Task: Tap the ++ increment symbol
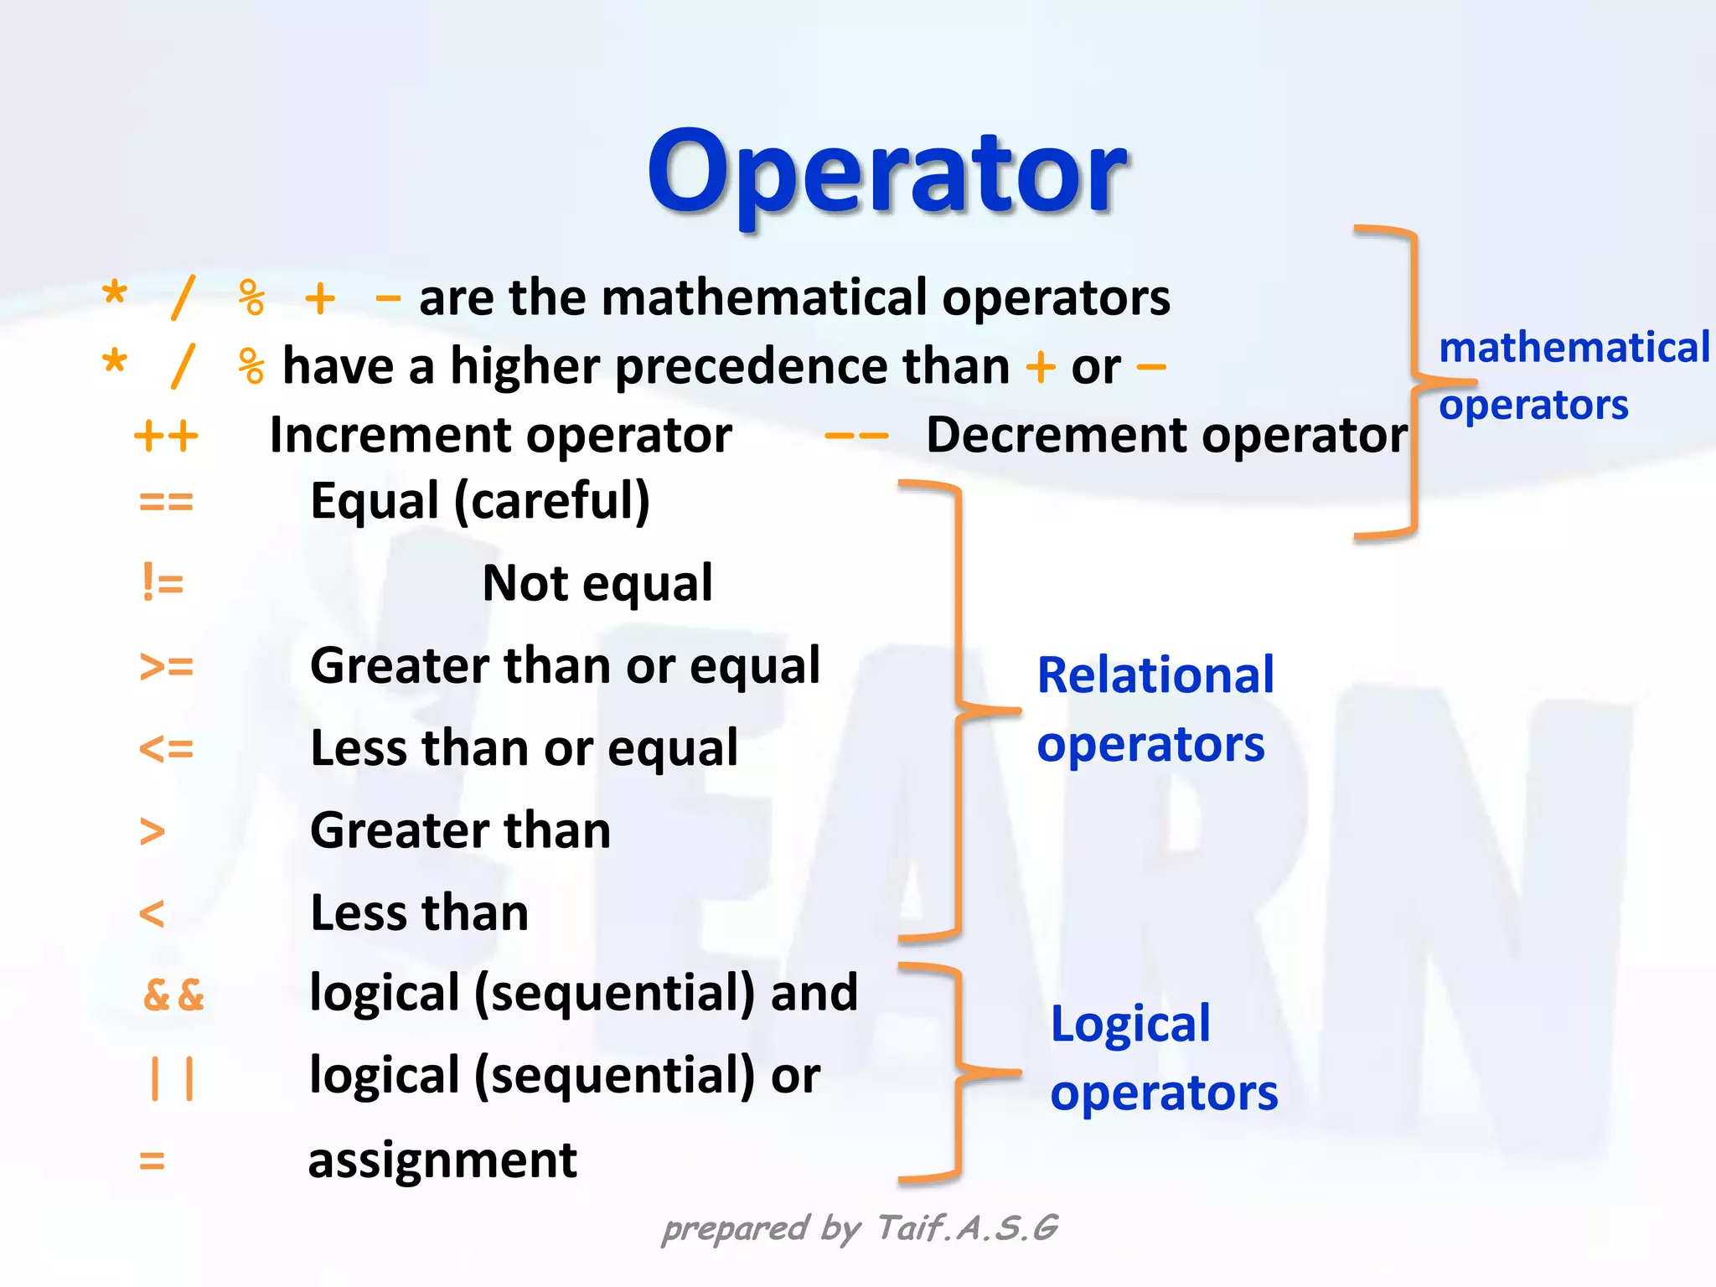pyautogui.click(x=166, y=436)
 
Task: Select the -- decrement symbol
pyautogui.click(x=855, y=436)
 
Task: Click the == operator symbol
pyautogui.click(x=166, y=502)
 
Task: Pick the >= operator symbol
pyautogui.click(x=166, y=666)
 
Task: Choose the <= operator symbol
pyautogui.click(x=166, y=748)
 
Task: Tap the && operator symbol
pyautogui.click(x=174, y=995)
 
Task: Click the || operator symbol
pyautogui.click(x=172, y=1078)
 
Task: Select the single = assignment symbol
pyautogui.click(x=152, y=1161)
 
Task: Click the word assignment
pyautogui.click(x=442, y=1161)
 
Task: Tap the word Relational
pyautogui.click(x=1155, y=675)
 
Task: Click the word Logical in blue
pyautogui.click(x=1130, y=1024)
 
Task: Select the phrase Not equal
pyautogui.click(x=597, y=583)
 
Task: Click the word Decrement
pyautogui.click(x=1054, y=436)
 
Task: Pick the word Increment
pyautogui.click(x=390, y=436)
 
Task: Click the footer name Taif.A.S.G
pyautogui.click(x=968, y=1228)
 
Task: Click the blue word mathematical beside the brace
pyautogui.click(x=1574, y=348)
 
